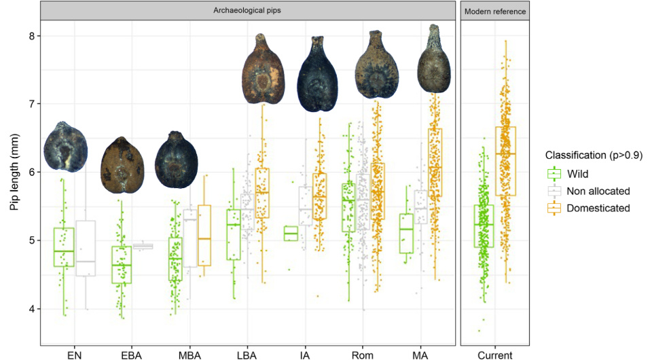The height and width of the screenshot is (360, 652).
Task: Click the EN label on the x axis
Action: [x=74, y=355]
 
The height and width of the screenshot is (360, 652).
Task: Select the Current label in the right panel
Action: [x=494, y=355]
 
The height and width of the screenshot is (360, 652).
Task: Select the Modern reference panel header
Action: [x=494, y=12]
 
